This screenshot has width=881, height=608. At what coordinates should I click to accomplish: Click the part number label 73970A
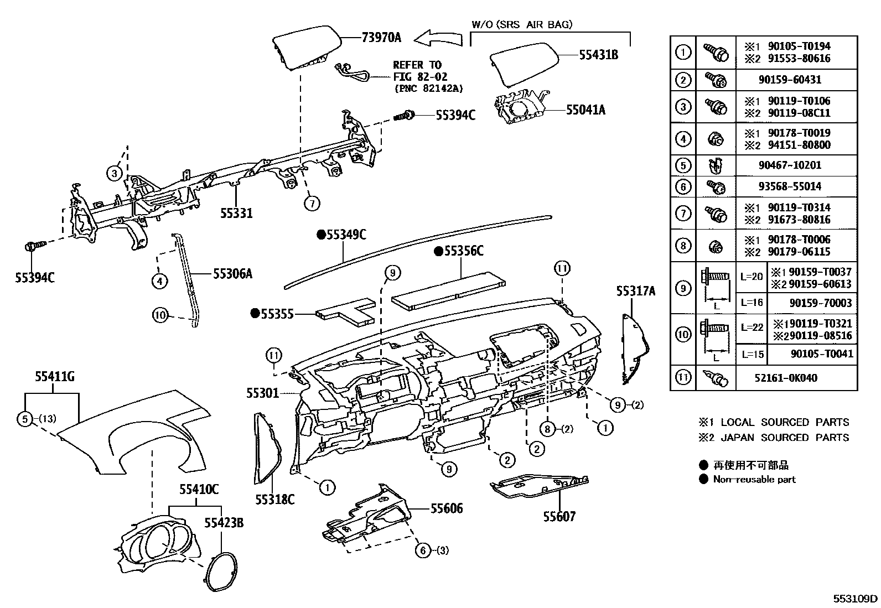(x=381, y=38)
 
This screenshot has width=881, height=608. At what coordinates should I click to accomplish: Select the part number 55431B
(x=599, y=54)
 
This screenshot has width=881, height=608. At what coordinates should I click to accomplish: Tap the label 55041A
(x=585, y=110)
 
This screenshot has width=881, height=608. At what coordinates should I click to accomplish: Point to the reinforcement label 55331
(x=236, y=212)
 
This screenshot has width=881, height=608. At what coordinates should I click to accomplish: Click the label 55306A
(x=232, y=273)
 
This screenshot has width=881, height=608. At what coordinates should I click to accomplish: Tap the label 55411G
(x=54, y=377)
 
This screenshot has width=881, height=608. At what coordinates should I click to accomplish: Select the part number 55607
(x=559, y=516)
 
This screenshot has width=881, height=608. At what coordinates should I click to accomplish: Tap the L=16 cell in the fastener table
(x=751, y=303)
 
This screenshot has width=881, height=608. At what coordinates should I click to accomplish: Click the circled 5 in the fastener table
(x=683, y=165)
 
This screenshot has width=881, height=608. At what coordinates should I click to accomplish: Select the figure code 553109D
(x=856, y=598)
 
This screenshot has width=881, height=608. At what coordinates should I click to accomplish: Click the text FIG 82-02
(x=420, y=76)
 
